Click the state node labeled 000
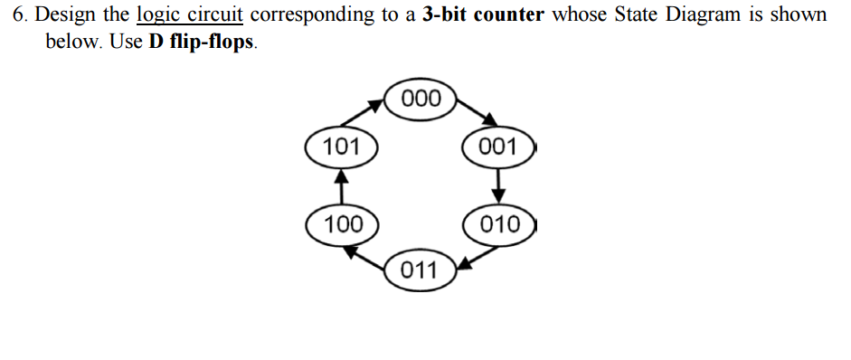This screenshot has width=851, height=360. click(x=421, y=98)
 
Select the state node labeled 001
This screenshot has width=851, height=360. click(x=498, y=147)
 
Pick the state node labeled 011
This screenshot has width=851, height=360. click(x=419, y=270)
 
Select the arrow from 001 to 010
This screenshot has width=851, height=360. click(x=498, y=185)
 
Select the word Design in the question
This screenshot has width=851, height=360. click(x=67, y=15)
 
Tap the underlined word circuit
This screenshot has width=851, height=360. click(x=215, y=15)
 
